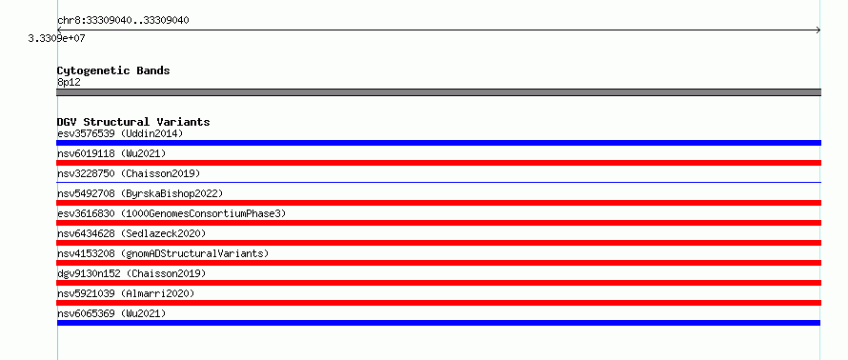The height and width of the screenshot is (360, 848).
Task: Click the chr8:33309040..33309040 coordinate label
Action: pyautogui.click(x=123, y=21)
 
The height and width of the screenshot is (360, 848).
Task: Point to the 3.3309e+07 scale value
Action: pyautogui.click(x=57, y=38)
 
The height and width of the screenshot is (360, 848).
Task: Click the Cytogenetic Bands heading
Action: pyautogui.click(x=113, y=70)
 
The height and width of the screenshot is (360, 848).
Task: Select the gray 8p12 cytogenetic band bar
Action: pyautogui.click(x=438, y=92)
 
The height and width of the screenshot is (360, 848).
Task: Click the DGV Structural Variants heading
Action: pyautogui.click(x=133, y=122)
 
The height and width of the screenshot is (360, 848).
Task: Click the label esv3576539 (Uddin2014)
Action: pyautogui.click(x=121, y=133)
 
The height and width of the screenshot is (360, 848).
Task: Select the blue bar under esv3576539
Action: pyautogui.click(x=438, y=143)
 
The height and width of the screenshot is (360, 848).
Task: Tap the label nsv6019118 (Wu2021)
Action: pyautogui.click(x=111, y=153)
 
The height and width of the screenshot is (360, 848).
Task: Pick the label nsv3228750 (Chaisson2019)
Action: pyautogui.click(x=129, y=173)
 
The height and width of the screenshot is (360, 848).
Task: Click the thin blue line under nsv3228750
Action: pyautogui.click(x=438, y=182)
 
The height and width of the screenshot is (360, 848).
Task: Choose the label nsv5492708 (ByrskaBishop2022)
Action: pyautogui.click(x=140, y=193)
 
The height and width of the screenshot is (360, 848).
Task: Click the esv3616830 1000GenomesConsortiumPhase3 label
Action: pyautogui.click(x=172, y=213)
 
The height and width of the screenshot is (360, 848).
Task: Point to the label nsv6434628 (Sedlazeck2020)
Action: pyautogui.click(x=131, y=233)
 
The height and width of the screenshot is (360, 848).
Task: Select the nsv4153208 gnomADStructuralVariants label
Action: pyautogui.click(x=163, y=253)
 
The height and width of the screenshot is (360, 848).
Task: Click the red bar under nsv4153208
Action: pyautogui.click(x=438, y=263)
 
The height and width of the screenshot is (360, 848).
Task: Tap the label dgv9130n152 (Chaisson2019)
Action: pyautogui.click(x=131, y=273)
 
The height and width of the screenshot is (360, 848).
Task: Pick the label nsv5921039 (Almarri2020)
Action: pyautogui.click(x=126, y=293)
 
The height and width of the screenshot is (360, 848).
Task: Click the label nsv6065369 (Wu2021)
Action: pyautogui.click(x=111, y=313)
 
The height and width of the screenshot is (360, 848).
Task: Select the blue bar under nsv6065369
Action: pyautogui.click(x=438, y=323)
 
